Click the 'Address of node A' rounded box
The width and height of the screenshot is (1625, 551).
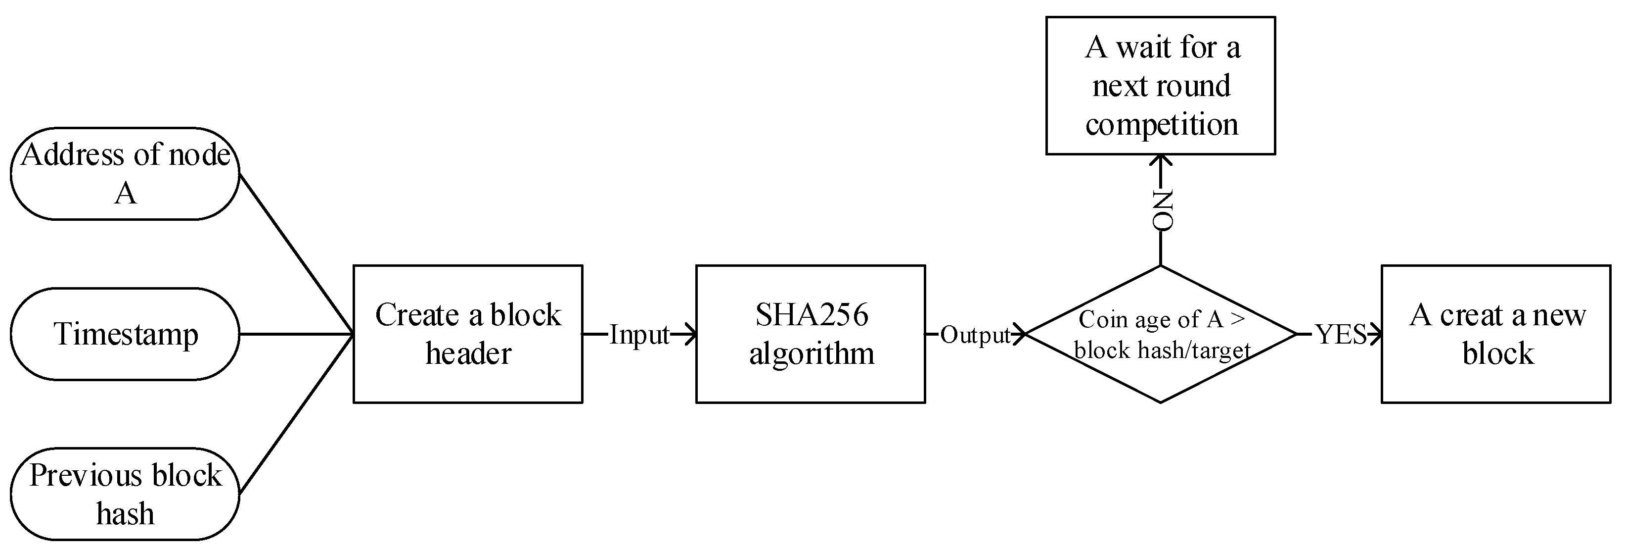[125, 174]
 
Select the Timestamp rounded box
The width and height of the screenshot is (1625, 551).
[125, 334]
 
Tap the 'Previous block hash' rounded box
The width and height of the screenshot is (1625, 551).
[125, 494]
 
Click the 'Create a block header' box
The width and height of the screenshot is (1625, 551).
[467, 334]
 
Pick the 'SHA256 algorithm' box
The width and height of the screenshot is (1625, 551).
[811, 334]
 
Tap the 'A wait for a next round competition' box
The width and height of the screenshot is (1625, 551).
[1161, 85]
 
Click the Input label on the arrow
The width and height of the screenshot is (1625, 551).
[638, 335]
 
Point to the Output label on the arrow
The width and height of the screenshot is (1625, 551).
[975, 335]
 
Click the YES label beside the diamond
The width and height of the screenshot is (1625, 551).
[1341, 335]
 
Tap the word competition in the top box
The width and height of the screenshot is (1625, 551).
[1161, 124]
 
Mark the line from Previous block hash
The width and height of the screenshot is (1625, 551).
[297, 413]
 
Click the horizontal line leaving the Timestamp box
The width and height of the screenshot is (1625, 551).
[297, 334]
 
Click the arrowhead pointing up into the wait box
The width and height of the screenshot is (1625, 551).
[1161, 161]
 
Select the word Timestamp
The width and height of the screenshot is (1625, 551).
[126, 334]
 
